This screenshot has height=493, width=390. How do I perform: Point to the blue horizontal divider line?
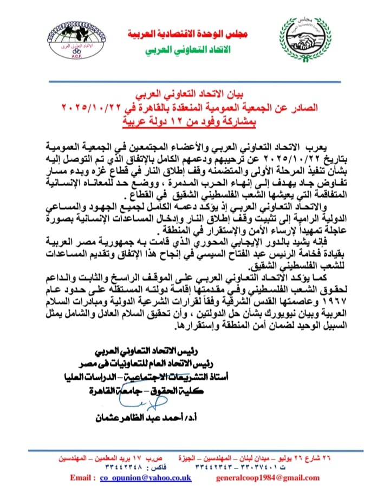coord(195,82)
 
